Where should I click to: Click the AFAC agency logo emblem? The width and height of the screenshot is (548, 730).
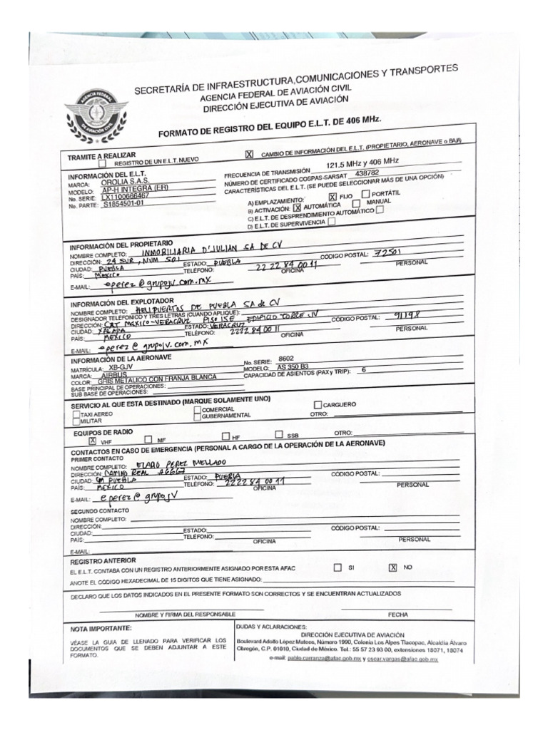pos(96,114)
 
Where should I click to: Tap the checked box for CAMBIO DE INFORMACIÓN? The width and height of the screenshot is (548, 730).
pos(249,153)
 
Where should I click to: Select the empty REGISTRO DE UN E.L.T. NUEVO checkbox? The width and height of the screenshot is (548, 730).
pos(103,162)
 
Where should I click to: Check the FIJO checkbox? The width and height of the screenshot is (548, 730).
pos(332,196)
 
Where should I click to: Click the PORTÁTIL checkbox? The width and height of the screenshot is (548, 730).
pos(365,194)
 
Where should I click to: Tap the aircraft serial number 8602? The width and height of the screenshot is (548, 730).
pos(285,359)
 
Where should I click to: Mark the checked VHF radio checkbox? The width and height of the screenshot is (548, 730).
pos(92,440)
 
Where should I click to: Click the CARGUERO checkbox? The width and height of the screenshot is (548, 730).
pos(318,405)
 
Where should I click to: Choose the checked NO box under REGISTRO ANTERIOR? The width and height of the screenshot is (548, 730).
pos(392,567)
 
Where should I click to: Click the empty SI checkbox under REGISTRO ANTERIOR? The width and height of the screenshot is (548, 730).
pos(338,567)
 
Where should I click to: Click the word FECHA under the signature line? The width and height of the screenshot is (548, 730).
pos(397,614)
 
